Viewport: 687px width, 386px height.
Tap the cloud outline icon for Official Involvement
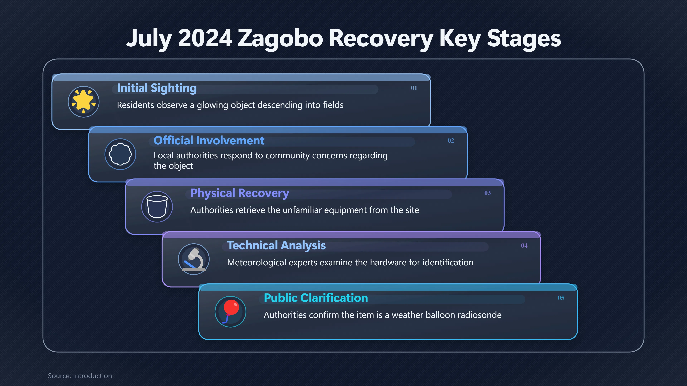point(120,154)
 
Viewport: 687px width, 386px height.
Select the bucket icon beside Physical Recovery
point(157,206)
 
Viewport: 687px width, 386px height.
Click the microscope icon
point(194,259)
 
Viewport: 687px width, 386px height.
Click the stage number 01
point(414,88)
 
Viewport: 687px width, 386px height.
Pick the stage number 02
point(451,140)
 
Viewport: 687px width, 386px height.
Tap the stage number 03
point(488,193)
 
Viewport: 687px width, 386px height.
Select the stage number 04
point(524,245)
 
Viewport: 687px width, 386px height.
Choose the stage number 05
point(561,298)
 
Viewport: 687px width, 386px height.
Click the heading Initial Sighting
point(157,88)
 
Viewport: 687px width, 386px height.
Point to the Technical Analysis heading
point(276,245)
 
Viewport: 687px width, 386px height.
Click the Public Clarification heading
point(316,298)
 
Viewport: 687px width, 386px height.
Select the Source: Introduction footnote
point(80,376)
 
